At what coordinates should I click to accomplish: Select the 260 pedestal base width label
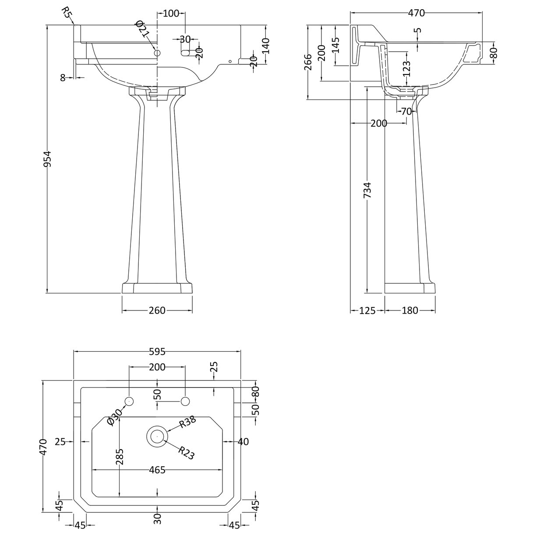tap(157, 310)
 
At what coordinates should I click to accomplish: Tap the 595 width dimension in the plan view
tap(157, 351)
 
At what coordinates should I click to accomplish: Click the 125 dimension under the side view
tap(367, 310)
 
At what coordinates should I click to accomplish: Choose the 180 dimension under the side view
tap(409, 310)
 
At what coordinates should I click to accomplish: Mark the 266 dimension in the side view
tap(308, 62)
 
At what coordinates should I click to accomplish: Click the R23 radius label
tap(186, 453)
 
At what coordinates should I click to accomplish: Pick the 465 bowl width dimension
tap(157, 470)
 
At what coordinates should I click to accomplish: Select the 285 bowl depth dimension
tap(120, 457)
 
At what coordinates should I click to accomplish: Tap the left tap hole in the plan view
tap(129, 401)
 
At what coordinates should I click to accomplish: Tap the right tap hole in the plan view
tap(185, 401)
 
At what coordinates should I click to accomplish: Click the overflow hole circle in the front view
tap(157, 53)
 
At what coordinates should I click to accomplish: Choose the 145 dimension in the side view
tap(336, 45)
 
